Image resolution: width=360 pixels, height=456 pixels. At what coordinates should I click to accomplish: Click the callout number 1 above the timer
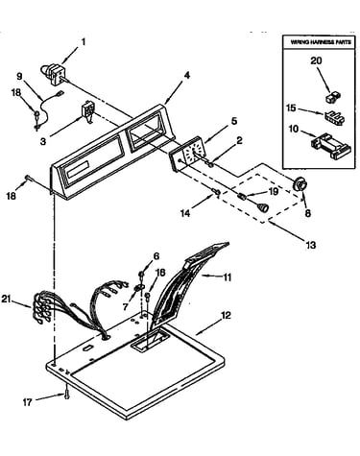[84, 42]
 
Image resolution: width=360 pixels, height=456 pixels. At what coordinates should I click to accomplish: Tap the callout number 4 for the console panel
[187, 76]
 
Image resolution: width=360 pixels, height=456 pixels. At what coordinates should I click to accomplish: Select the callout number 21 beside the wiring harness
[7, 300]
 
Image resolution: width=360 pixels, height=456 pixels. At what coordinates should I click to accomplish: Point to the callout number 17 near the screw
[28, 402]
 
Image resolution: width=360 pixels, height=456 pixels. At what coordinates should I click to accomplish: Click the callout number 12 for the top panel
[226, 316]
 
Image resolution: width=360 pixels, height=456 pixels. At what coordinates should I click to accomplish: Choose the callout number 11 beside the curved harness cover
[227, 276]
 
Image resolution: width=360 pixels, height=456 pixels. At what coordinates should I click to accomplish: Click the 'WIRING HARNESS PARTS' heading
[321, 42]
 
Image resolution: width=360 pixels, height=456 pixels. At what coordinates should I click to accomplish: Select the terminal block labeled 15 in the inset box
[334, 117]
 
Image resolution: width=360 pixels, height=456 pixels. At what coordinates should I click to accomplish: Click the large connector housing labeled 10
[331, 146]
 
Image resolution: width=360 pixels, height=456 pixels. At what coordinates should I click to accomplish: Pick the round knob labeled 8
[300, 185]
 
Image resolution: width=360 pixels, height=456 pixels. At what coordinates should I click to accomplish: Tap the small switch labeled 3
[87, 112]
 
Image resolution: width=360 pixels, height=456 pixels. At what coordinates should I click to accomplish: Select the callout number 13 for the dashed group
[310, 245]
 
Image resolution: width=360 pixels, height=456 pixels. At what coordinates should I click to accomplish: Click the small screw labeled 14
[216, 192]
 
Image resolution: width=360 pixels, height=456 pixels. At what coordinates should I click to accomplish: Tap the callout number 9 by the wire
[20, 77]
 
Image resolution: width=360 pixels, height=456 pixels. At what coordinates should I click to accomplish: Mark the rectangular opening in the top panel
[150, 341]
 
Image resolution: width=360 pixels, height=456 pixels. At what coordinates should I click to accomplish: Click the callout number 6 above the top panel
[156, 256]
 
